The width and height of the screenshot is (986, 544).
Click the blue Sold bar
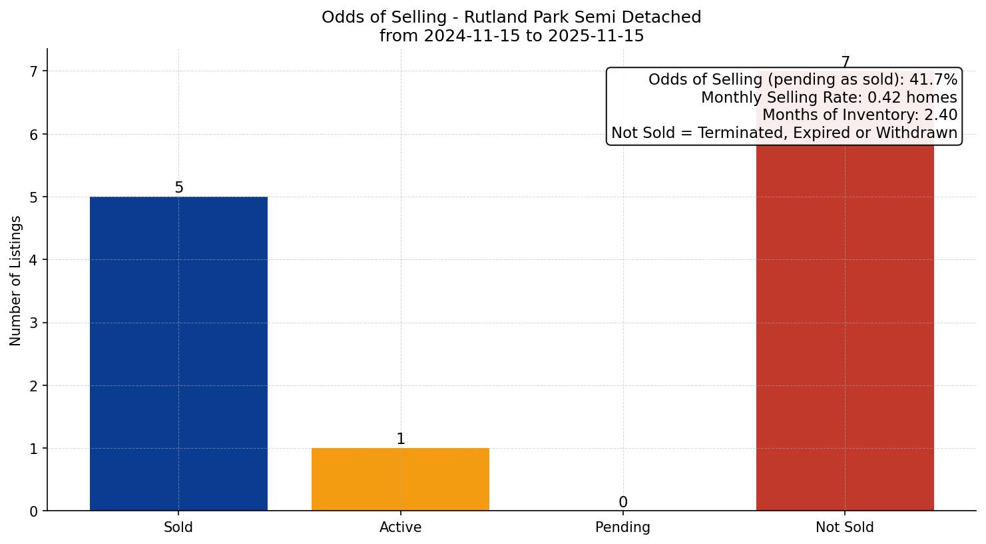[x=178, y=353]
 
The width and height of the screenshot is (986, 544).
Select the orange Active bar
[x=400, y=479]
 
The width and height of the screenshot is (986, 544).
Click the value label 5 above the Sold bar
[x=178, y=188]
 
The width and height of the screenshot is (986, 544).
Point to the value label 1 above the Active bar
[x=400, y=439]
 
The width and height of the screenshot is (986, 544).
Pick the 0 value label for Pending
[x=622, y=503]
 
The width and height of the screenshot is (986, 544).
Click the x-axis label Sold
[x=178, y=527]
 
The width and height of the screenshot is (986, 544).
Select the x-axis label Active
[x=400, y=527]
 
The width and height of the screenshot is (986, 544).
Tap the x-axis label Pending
[x=622, y=527]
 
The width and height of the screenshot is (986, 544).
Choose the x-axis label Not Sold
[x=844, y=527]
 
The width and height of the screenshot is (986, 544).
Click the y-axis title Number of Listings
[x=16, y=281]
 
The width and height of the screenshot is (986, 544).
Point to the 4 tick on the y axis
[x=34, y=260]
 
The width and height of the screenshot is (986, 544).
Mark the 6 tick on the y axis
[x=34, y=135]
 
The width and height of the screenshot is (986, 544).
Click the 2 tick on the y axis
[x=34, y=386]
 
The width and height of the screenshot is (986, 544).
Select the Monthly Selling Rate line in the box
[x=829, y=98]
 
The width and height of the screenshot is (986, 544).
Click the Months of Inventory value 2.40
[x=940, y=115]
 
